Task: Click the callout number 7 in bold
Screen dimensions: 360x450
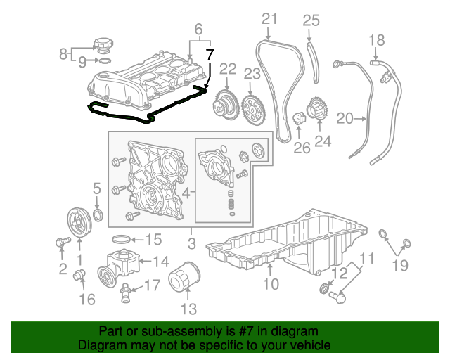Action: click(209, 54)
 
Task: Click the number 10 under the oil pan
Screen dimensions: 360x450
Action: click(271, 284)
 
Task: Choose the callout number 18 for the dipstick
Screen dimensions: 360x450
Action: click(377, 40)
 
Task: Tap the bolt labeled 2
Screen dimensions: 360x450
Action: click(60, 243)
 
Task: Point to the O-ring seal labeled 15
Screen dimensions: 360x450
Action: click(121, 239)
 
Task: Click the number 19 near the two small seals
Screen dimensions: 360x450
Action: click(399, 265)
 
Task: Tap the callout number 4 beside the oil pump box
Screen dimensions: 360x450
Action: click(186, 192)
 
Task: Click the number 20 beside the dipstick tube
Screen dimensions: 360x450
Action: click(345, 120)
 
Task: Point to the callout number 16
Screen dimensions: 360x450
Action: click(86, 300)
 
